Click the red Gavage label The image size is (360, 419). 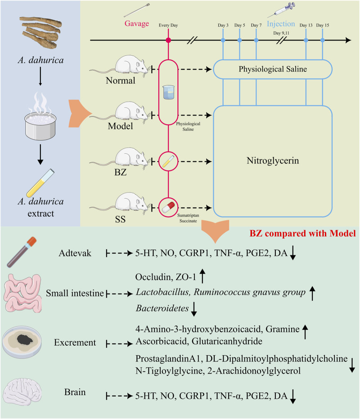[137, 24]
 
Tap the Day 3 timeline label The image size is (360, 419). [223, 25]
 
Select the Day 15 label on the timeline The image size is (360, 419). [323, 25]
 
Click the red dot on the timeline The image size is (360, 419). [168, 40]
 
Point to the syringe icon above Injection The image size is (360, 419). [281, 10]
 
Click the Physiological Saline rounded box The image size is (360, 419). [273, 69]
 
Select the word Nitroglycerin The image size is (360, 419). [273, 160]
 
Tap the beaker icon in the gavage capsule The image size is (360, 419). [168, 92]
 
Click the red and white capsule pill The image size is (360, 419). [168, 207]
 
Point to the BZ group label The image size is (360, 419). [120, 172]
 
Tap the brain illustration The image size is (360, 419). [22, 392]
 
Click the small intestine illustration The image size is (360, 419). [23, 293]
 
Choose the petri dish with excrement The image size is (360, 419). [22, 342]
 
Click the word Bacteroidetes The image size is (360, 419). [162, 308]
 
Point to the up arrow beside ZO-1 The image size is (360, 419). [202, 276]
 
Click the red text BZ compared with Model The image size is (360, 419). [302, 233]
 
